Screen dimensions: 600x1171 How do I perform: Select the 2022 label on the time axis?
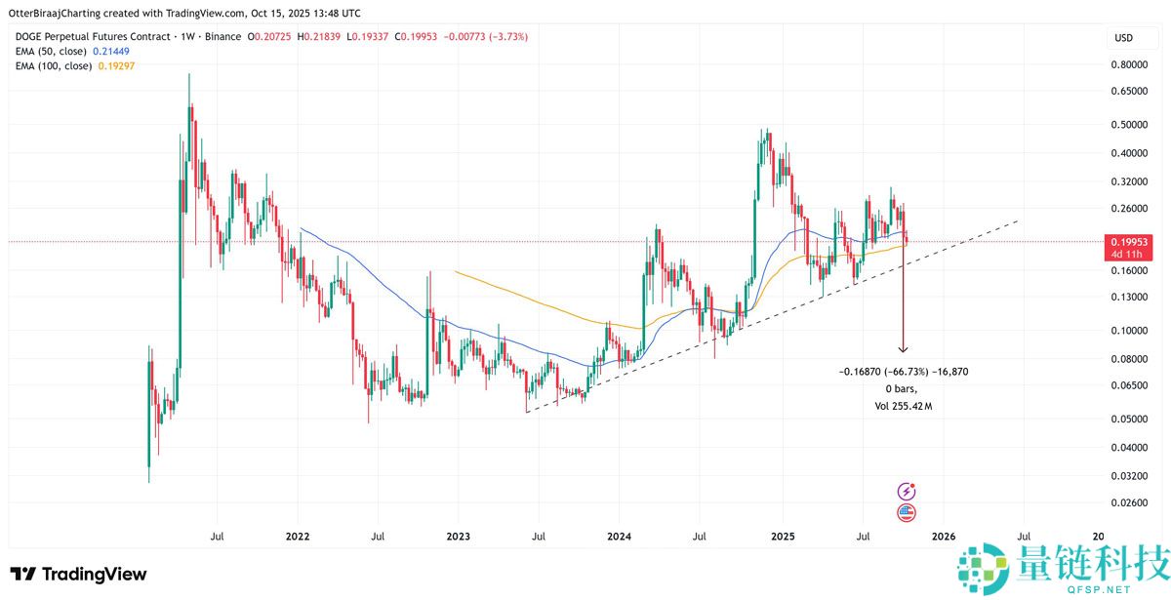click(x=298, y=537)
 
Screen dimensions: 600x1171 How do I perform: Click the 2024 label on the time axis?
click(x=619, y=537)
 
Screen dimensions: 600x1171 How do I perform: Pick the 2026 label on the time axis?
click(x=943, y=537)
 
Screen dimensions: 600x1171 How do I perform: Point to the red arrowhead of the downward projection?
click(x=903, y=348)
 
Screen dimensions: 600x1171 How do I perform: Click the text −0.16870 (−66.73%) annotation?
click(x=903, y=372)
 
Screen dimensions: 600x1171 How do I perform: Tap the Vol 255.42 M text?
click(x=903, y=404)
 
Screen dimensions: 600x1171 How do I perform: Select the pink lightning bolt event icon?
click(x=906, y=492)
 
